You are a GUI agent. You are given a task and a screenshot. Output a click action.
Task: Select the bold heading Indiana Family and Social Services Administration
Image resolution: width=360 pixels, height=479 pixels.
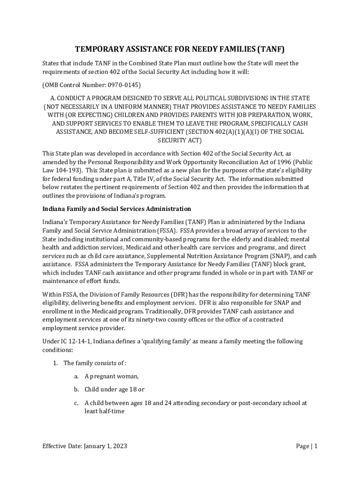coord(116,209)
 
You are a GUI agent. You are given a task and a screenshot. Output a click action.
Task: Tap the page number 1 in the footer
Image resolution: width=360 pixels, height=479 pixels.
coord(316,446)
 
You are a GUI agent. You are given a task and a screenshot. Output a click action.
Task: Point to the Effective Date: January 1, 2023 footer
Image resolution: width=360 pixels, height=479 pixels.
coord(85,446)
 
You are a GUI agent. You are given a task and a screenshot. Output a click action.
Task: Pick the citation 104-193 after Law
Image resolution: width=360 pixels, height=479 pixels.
coord(68,170)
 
